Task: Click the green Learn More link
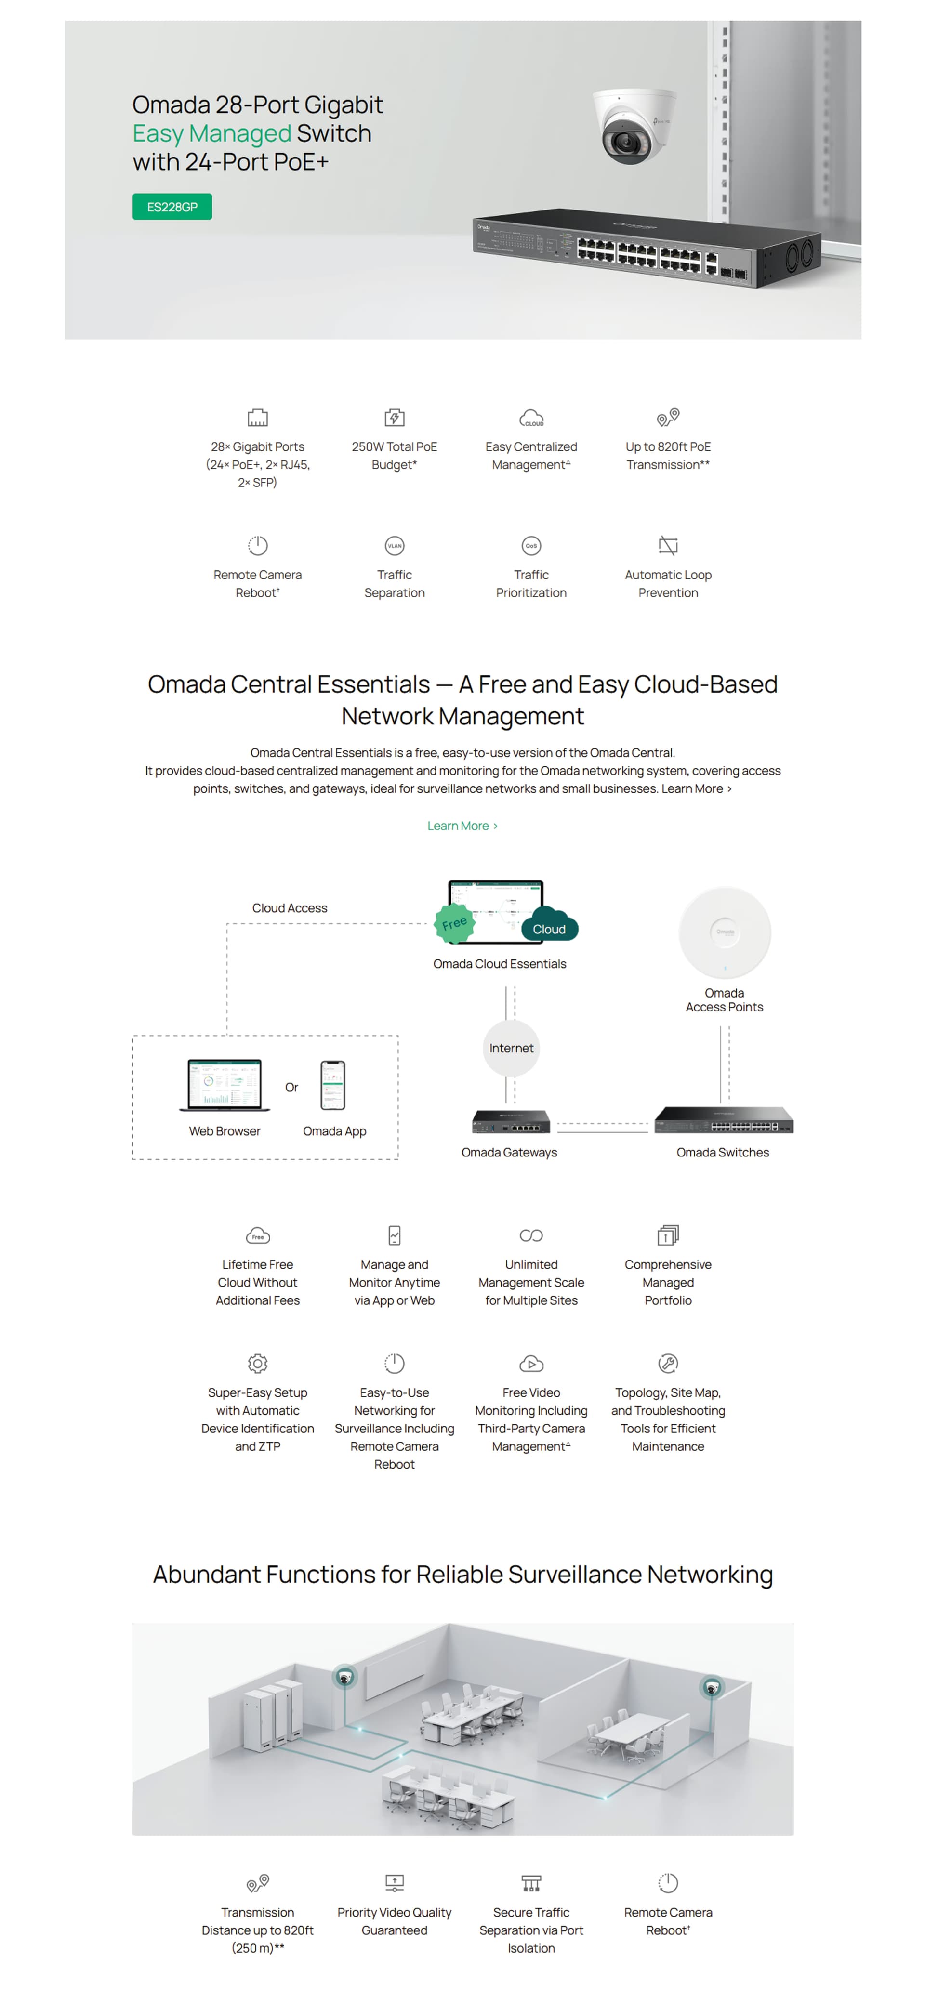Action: tap(462, 826)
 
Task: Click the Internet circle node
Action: tap(511, 1048)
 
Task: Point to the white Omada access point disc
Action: tap(725, 933)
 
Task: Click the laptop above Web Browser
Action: tap(225, 1085)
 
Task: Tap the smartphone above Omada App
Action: tap(333, 1085)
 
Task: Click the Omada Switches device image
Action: tap(723, 1120)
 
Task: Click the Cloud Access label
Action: tap(290, 908)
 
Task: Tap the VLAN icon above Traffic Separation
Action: tap(395, 546)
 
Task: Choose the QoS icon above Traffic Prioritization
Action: tap(531, 546)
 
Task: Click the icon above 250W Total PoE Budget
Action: tap(395, 417)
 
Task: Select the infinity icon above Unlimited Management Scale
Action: tap(531, 1235)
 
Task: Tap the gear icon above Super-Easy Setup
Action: tap(257, 1363)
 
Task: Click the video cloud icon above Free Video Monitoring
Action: tap(531, 1364)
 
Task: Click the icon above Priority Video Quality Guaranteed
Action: tap(395, 1883)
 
